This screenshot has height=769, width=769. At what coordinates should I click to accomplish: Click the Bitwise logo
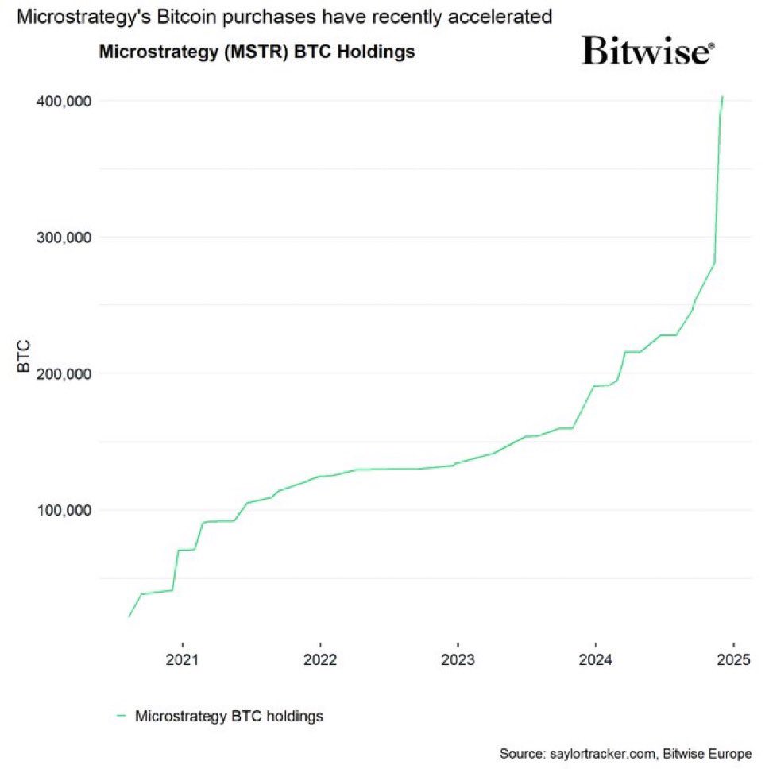[647, 51]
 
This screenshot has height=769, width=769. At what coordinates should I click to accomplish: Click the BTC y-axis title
[25, 357]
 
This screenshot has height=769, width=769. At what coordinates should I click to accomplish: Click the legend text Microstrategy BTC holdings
[229, 716]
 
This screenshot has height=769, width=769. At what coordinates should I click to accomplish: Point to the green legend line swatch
[122, 716]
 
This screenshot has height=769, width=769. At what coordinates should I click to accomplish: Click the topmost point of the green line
[722, 97]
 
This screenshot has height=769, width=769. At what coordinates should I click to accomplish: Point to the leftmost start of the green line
[129, 616]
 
